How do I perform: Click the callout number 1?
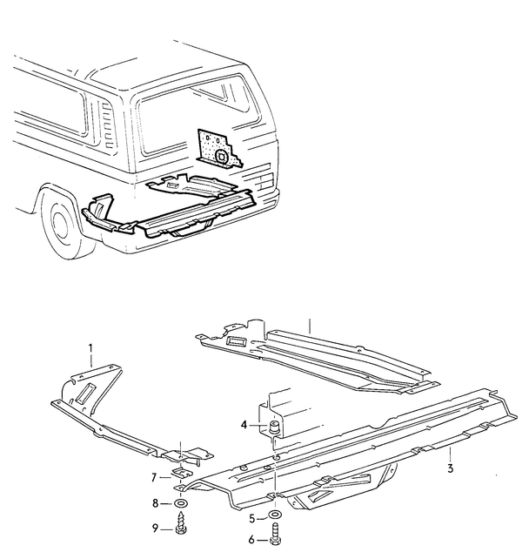(x=90, y=349)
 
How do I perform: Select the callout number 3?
(x=451, y=468)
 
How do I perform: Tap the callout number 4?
(x=244, y=425)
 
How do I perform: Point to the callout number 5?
(x=251, y=519)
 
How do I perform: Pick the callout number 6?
(x=251, y=539)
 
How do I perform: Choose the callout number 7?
(x=154, y=478)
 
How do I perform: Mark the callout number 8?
(x=156, y=503)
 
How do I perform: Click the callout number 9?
(x=155, y=528)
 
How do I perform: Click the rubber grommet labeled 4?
(x=274, y=427)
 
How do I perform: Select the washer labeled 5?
(x=275, y=515)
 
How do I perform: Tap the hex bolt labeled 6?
(x=275, y=534)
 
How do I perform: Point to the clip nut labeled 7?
(x=181, y=473)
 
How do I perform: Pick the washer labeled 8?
(x=180, y=503)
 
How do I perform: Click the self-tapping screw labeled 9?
(x=180, y=522)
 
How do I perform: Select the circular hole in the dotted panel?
(x=222, y=156)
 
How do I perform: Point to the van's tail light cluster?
(x=266, y=179)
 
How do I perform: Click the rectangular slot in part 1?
(x=85, y=392)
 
